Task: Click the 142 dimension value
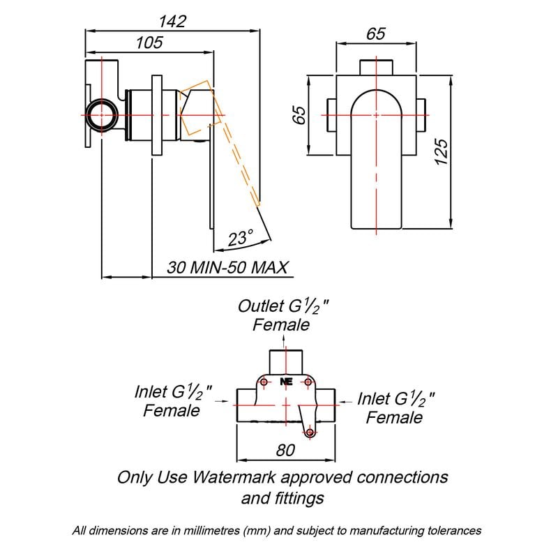click(x=172, y=21)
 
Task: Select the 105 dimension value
click(x=149, y=43)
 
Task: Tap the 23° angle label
click(x=239, y=239)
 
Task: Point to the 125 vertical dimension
click(x=441, y=151)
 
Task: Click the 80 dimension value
click(x=285, y=450)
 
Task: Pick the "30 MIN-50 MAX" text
click(x=228, y=268)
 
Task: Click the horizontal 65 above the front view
click(x=375, y=34)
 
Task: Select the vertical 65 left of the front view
click(x=299, y=114)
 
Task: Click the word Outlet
click(x=261, y=306)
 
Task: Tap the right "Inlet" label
click(x=373, y=399)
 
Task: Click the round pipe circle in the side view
click(x=102, y=113)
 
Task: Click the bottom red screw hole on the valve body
click(x=310, y=433)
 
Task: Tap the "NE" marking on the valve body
click(x=285, y=382)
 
